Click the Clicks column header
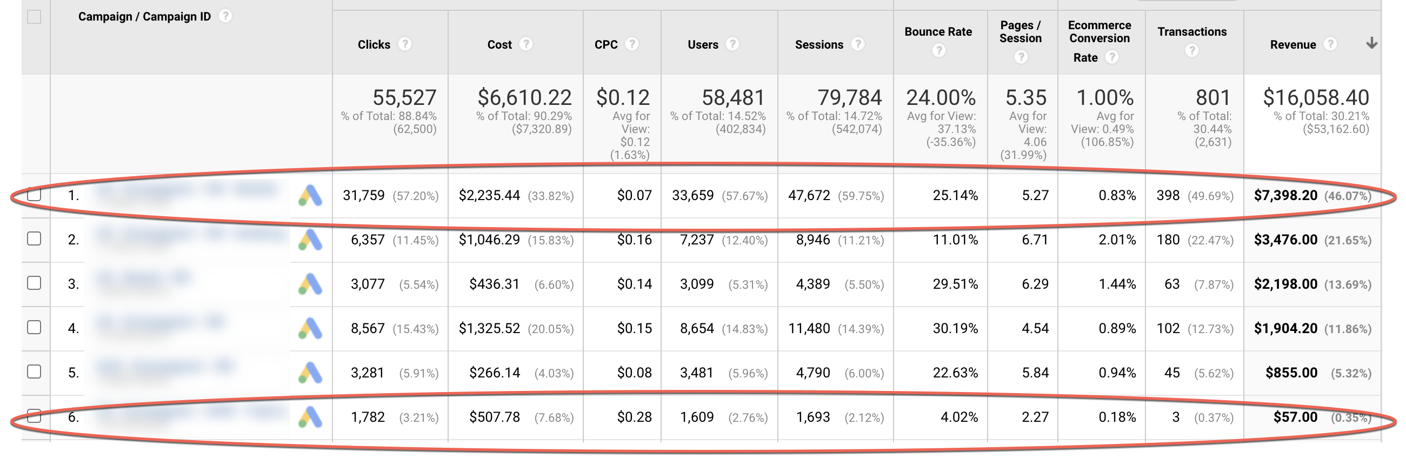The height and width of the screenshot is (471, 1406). tap(374, 44)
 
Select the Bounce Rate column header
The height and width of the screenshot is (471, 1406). tap(938, 32)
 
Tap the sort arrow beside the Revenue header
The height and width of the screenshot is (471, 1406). tap(1371, 43)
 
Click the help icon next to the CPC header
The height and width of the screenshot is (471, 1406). tap(631, 44)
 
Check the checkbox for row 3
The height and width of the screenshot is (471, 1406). tap(34, 283)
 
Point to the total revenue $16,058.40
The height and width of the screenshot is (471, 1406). tap(1315, 98)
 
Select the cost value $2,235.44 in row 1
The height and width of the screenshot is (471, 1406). tap(489, 195)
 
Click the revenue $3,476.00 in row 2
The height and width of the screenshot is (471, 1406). tap(1285, 240)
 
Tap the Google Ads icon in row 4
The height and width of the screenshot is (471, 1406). tap(310, 328)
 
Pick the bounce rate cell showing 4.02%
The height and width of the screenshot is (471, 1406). tap(958, 417)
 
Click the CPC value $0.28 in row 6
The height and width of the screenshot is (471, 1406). tap(634, 417)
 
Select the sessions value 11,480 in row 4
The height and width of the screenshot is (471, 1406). tap(809, 329)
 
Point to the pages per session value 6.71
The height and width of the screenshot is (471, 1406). tap(1035, 240)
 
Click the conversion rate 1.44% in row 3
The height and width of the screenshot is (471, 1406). tap(1117, 284)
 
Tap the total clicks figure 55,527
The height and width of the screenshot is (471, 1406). tap(404, 98)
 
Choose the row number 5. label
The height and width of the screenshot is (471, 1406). tap(73, 373)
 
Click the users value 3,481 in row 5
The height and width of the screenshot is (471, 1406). tap(696, 373)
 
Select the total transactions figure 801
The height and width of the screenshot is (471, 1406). tap(1213, 98)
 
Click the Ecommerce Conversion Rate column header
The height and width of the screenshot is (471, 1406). tap(1100, 38)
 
